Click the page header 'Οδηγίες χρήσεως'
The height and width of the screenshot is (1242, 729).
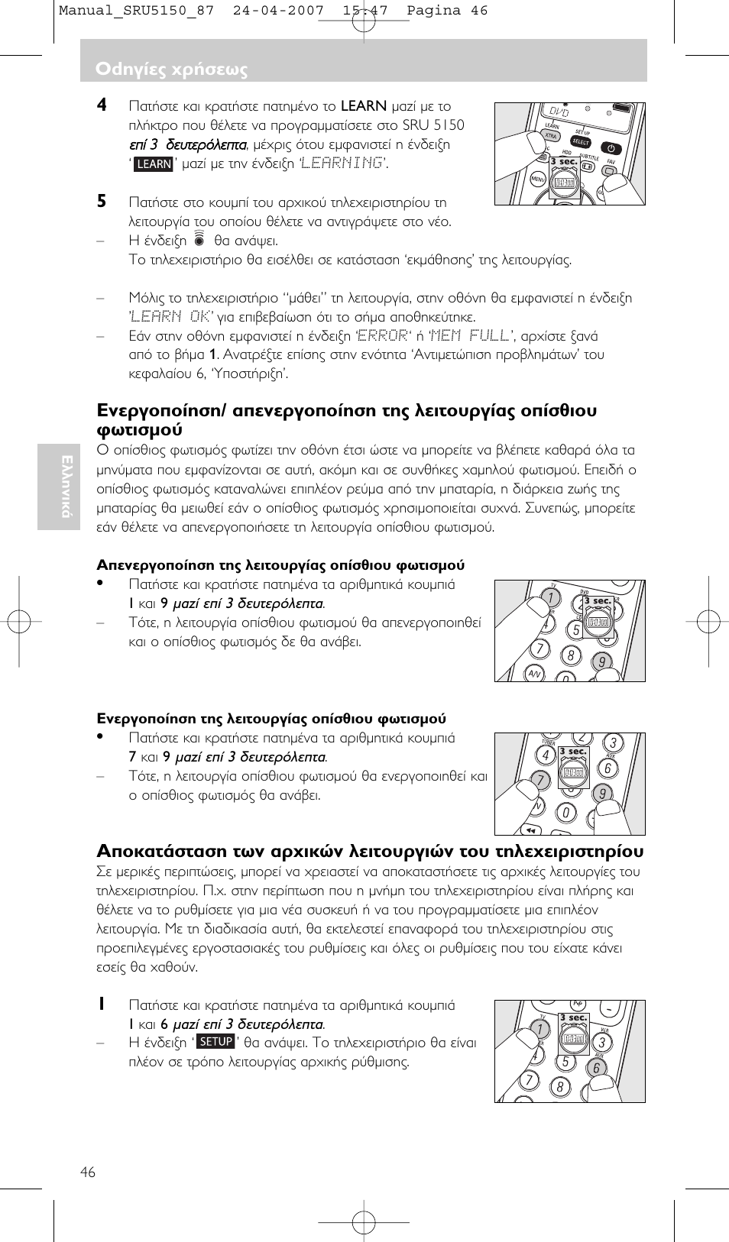171,70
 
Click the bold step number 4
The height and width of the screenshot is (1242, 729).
101,105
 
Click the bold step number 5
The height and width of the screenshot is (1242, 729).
101,202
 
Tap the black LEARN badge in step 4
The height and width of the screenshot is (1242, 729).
154,163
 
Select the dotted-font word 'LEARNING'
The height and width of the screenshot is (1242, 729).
342,163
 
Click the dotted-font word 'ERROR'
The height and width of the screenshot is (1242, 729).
382,336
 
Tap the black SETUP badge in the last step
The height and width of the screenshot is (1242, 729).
215,1042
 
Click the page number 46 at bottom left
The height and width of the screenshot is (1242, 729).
88,1172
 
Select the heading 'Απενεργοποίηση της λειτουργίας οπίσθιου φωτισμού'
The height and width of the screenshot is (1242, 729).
280,565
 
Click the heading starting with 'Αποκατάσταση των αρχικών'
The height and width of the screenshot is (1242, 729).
370,851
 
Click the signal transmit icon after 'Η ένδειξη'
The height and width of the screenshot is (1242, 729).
199,240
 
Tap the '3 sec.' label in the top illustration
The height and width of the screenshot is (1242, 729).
564,162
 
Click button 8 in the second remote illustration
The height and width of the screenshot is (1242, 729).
570,655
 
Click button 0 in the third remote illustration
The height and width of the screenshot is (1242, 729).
565,812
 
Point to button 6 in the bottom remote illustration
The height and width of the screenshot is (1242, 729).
597,1068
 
